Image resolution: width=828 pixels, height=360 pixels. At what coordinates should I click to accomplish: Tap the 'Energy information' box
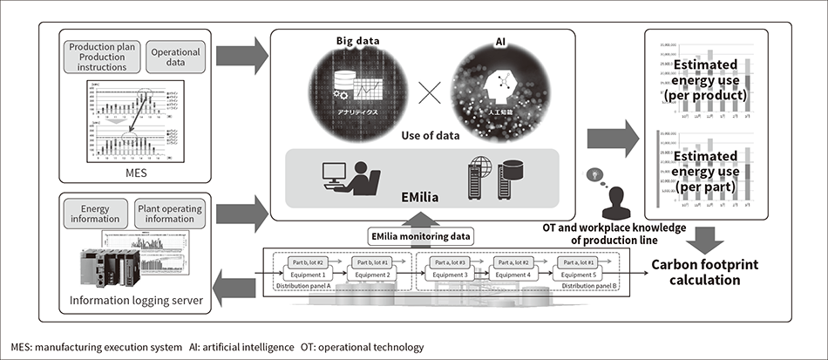(x=94, y=214)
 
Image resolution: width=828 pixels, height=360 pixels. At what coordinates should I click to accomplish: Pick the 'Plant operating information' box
(x=170, y=214)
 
